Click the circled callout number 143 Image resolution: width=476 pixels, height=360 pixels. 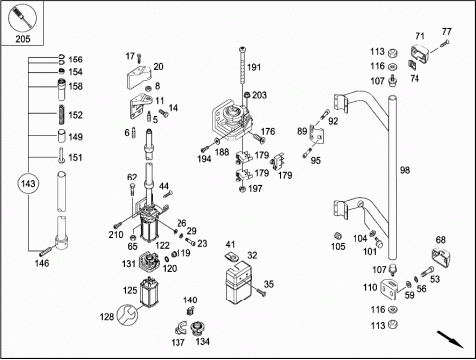point(28,183)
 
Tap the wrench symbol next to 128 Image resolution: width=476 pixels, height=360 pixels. point(127,314)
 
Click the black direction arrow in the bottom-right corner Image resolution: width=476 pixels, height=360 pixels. point(450,339)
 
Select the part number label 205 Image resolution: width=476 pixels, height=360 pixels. point(23,39)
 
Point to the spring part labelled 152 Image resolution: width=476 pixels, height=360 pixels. point(61,114)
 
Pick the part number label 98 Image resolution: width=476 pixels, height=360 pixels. point(405,170)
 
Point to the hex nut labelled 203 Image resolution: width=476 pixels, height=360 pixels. point(247,95)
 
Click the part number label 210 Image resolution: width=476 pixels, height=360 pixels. point(116,234)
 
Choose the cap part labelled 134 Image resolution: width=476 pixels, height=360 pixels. point(197,329)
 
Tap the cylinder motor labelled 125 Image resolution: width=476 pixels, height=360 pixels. point(150,292)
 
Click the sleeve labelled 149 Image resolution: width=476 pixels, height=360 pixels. point(61,136)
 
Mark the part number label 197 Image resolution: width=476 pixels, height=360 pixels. point(255,189)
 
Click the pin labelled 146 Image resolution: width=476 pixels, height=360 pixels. point(45,251)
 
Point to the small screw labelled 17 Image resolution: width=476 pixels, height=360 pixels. point(139,58)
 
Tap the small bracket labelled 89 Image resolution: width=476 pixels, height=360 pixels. point(316,135)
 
